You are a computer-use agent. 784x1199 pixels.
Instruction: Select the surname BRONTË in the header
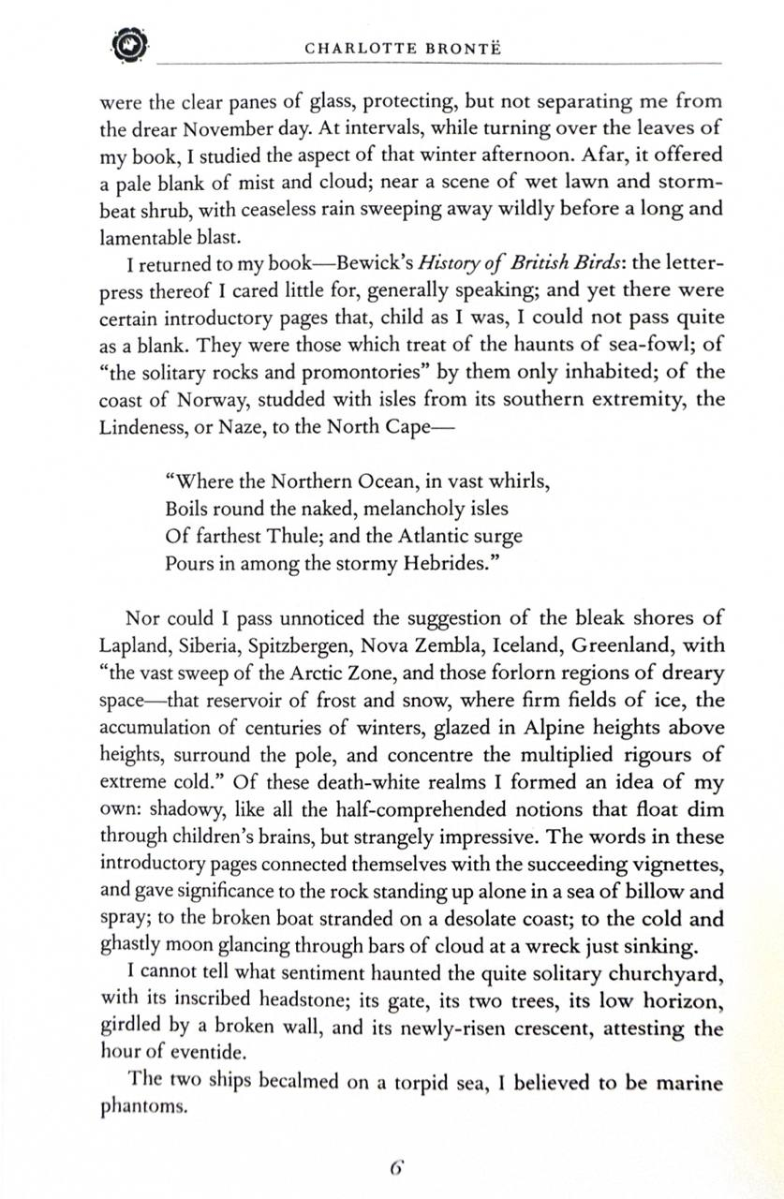tap(460, 48)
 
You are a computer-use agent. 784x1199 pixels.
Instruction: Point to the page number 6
tap(396, 1168)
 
